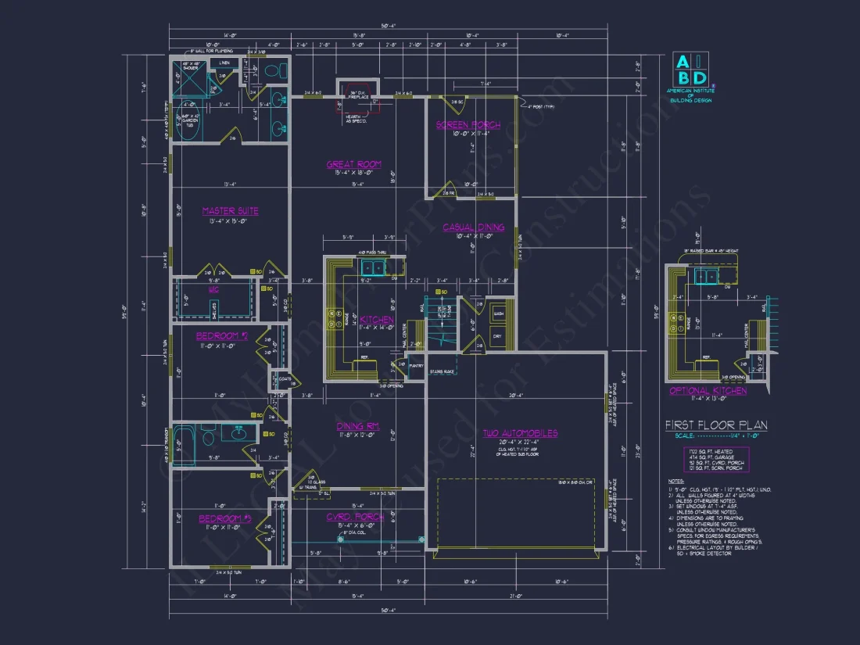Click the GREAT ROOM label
(x=353, y=164)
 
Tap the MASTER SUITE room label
(x=230, y=211)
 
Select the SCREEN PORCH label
(x=463, y=125)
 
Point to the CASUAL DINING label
(x=473, y=228)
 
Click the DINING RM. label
(x=357, y=426)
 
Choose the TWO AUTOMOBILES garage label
(x=519, y=432)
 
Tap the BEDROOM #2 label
(x=221, y=336)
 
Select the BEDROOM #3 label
(x=223, y=518)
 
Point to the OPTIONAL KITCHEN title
(x=708, y=390)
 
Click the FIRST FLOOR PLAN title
(x=715, y=425)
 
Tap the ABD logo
(x=690, y=70)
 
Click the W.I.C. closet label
(x=213, y=288)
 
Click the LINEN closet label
(x=224, y=62)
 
